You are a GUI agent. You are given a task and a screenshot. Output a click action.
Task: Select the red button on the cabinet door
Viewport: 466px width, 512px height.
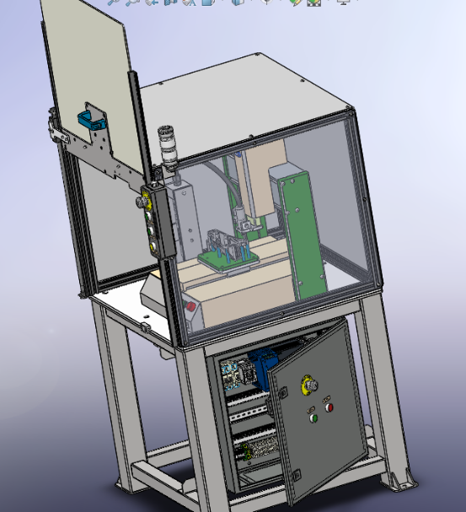coord(329,407)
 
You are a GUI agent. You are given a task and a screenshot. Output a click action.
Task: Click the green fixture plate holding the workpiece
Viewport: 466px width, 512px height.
coord(221,262)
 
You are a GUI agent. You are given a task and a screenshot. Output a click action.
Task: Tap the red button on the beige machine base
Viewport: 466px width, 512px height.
coord(191,308)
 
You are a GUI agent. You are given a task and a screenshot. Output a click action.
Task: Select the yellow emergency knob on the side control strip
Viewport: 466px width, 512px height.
coord(144,202)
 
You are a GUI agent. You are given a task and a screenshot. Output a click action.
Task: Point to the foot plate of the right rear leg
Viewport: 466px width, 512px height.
coord(399,482)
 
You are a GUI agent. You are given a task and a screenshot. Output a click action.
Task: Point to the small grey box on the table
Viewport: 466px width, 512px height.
coord(155,292)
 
